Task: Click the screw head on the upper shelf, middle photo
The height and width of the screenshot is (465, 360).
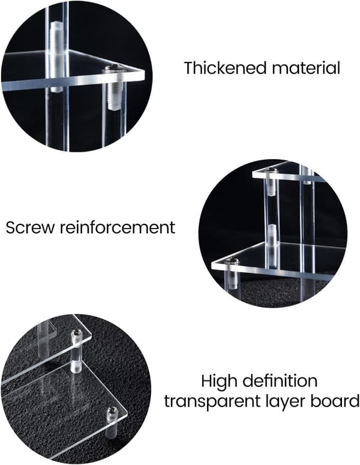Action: click(271, 170)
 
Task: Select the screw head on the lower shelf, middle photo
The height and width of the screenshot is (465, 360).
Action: click(232, 260)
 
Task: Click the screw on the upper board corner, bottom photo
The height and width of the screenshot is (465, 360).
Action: click(76, 333)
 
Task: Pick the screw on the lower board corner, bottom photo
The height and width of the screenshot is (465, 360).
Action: click(112, 411)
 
